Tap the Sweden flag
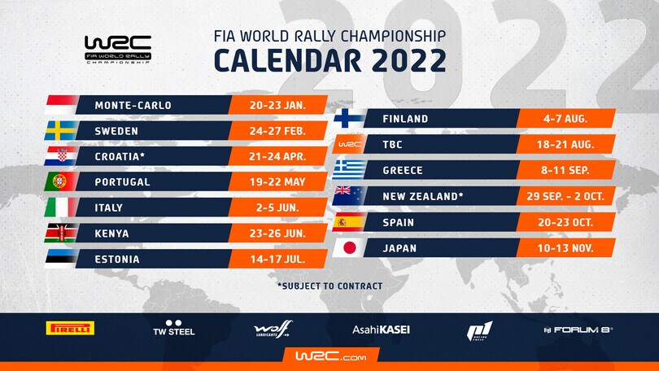pyautogui.click(x=60, y=130)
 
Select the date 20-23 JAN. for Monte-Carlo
pyautogui.click(x=277, y=106)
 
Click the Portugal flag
pyautogui.click(x=60, y=182)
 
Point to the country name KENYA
pyautogui.click(x=112, y=234)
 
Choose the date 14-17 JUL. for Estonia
pyautogui.click(x=277, y=260)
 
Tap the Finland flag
pyautogui.click(x=350, y=119)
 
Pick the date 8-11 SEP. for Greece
pyautogui.click(x=565, y=170)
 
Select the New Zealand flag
pyautogui.click(x=350, y=196)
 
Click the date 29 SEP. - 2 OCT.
pyautogui.click(x=565, y=196)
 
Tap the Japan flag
pyautogui.click(x=350, y=247)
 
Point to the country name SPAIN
pyautogui.click(x=400, y=221)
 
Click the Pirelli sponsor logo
pyautogui.click(x=70, y=329)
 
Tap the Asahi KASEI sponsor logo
pyautogui.click(x=381, y=330)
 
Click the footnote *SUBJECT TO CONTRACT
pyautogui.click(x=329, y=286)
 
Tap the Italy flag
pyautogui.click(x=60, y=207)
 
